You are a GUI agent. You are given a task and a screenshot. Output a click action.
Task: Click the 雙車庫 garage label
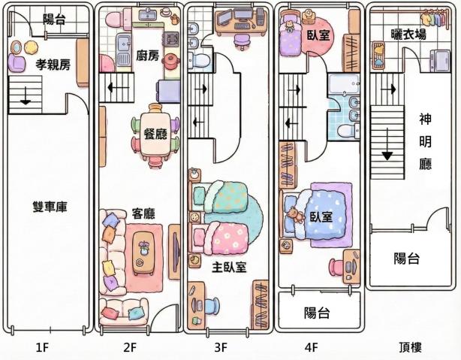50,207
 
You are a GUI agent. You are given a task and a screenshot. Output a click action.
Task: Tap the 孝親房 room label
53,65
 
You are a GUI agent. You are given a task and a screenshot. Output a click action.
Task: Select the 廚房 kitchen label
147,56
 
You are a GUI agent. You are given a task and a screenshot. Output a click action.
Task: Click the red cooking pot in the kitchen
172,62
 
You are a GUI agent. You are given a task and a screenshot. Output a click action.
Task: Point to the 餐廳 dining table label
155,134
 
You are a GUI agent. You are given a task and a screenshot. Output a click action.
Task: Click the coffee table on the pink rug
143,253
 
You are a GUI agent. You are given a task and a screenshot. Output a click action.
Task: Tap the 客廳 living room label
143,213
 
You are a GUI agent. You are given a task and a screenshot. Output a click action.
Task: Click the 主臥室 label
229,267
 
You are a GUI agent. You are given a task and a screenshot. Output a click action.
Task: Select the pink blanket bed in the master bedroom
219,237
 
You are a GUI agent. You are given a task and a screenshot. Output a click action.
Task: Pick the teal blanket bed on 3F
219,196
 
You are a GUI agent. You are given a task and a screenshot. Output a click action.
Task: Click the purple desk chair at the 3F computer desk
243,41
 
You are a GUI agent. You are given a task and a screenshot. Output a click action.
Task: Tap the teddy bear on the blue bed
297,215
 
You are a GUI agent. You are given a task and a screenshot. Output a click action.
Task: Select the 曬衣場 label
408,35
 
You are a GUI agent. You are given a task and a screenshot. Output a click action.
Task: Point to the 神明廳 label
426,142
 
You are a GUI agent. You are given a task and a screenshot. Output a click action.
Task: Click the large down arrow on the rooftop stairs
387,144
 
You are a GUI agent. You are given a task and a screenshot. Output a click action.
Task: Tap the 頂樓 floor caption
411,347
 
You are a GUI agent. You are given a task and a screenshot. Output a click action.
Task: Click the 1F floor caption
42,348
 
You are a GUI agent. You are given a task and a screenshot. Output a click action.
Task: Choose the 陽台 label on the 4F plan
317,313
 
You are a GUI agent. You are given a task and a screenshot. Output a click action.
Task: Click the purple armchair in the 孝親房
17,62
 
